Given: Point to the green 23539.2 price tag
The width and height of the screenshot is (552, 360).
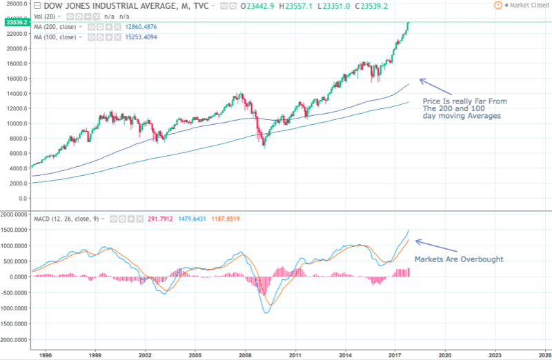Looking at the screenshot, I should pos(14,22).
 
